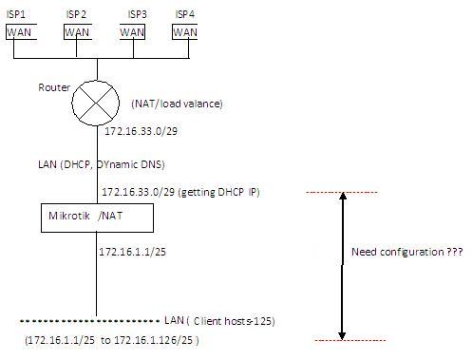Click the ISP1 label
point(17,14)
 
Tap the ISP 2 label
point(77,14)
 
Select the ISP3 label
point(136,14)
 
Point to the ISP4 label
point(187,14)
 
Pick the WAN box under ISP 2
point(77,31)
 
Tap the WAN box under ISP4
point(186,31)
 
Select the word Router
point(53,87)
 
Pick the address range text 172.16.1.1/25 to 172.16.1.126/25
point(113,339)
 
